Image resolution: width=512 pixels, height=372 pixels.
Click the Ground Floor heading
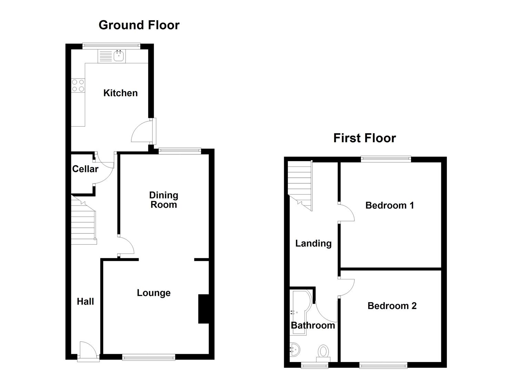click(139, 25)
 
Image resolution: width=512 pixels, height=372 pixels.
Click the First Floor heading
click(364, 138)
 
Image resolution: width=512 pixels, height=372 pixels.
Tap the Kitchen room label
click(120, 93)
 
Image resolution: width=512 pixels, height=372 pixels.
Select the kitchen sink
click(119, 56)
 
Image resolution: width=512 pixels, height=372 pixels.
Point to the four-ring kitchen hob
click(78, 85)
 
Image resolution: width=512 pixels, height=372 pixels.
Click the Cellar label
click(85, 169)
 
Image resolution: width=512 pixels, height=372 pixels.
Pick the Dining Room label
click(163, 200)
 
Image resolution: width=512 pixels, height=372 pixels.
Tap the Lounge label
click(153, 293)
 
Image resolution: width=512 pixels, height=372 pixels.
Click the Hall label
click(85, 301)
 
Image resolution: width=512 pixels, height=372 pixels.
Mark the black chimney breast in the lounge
click(203, 309)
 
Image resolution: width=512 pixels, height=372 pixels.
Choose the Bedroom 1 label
click(389, 205)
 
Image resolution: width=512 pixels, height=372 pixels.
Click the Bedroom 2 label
click(392, 306)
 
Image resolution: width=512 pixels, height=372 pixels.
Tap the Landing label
click(313, 244)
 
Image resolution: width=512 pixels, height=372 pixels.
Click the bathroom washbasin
click(294, 350)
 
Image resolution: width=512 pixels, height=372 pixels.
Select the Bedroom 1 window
click(386, 159)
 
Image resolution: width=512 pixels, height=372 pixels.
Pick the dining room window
click(180, 151)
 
